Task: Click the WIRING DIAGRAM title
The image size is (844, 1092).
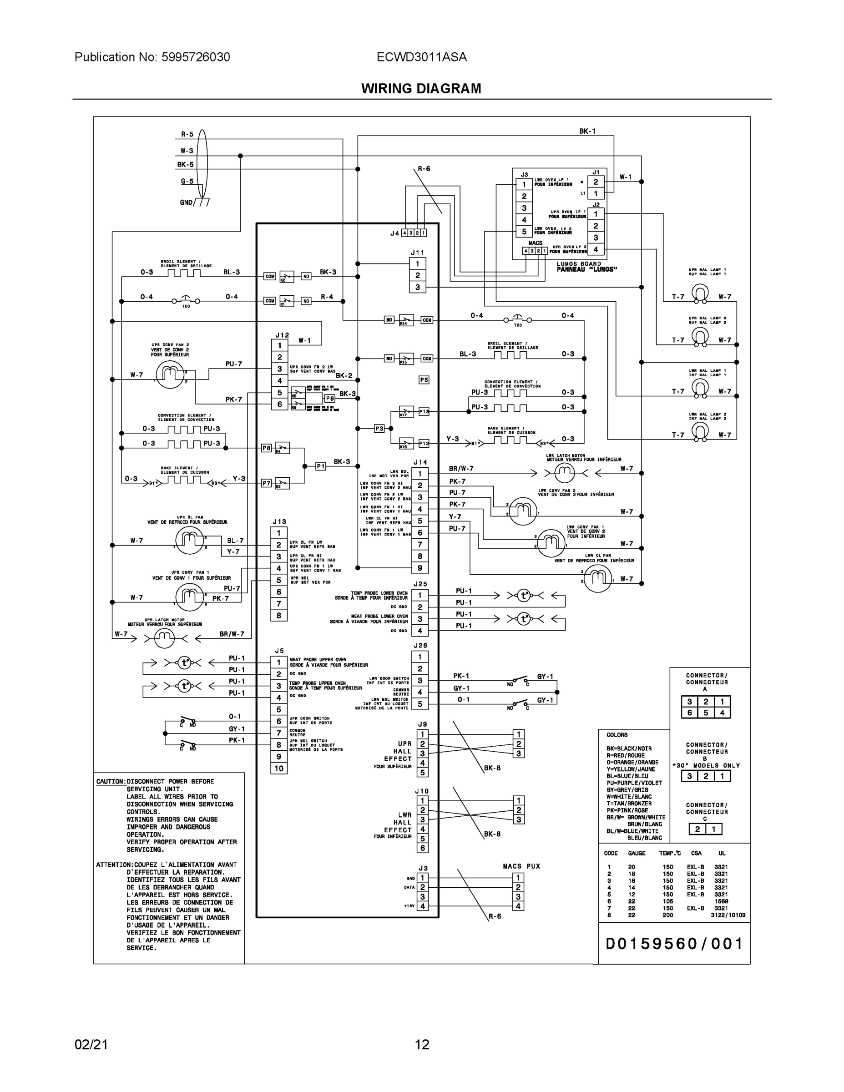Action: [x=421, y=89]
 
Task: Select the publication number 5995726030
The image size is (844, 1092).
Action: [x=196, y=57]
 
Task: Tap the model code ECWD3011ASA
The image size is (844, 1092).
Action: [x=421, y=57]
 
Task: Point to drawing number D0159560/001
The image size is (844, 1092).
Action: [x=674, y=944]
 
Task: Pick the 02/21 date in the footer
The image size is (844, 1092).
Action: [x=91, y=1045]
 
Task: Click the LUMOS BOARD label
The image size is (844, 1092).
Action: [x=579, y=263]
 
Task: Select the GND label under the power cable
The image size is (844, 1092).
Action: [x=186, y=202]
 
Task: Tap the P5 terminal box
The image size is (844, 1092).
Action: [x=424, y=380]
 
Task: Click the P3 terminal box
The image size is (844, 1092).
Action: [x=379, y=429]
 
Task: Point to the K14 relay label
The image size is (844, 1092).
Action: [x=403, y=324]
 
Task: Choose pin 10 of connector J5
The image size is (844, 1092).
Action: [x=279, y=768]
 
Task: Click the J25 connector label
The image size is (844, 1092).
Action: [x=420, y=584]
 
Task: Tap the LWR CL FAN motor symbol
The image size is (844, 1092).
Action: [x=597, y=578]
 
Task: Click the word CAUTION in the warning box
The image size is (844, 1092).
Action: [x=110, y=782]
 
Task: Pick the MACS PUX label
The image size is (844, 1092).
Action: [x=521, y=866]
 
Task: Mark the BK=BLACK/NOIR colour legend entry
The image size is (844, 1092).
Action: [x=629, y=748]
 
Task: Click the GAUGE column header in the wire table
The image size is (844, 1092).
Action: [x=637, y=854]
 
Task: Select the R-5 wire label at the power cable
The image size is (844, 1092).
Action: [x=187, y=135]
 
